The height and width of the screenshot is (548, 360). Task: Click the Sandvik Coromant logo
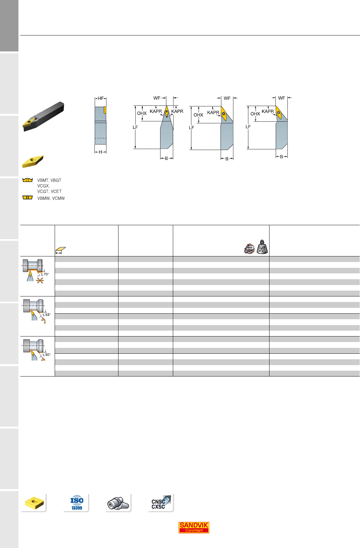tap(194, 527)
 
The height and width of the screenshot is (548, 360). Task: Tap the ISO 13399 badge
tap(77, 503)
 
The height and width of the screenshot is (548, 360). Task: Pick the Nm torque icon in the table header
tap(249, 249)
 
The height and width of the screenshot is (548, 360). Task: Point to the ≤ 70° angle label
tap(45, 274)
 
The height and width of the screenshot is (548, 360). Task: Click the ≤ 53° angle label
tap(47, 314)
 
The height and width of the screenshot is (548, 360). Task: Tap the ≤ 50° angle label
tap(47, 354)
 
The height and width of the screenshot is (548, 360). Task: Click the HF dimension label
tap(101, 98)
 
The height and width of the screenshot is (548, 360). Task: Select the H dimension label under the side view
tap(100, 152)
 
